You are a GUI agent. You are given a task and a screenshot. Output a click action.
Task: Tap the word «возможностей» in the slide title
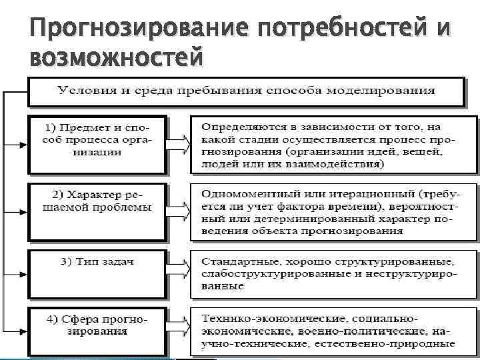116,58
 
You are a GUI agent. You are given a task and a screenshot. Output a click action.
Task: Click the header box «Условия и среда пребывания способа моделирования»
245,91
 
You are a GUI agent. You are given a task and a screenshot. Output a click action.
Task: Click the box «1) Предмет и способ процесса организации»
98,139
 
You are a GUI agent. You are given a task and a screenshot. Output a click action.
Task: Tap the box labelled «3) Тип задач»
98,263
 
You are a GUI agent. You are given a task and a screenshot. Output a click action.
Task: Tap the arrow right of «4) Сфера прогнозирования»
179,326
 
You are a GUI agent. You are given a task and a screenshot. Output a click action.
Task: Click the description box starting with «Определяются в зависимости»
333,146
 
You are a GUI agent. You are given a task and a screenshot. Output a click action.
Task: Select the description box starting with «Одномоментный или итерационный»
333,207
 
